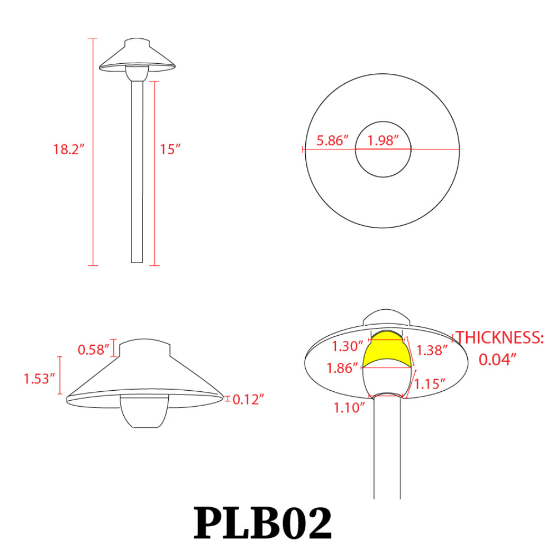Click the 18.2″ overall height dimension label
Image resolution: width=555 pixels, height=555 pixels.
point(68,149)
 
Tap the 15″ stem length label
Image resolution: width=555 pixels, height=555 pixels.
point(171,149)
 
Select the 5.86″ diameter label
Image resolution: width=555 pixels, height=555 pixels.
point(332,140)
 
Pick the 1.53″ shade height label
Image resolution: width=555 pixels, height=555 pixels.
point(39,379)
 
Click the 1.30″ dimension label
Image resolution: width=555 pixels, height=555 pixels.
point(347,347)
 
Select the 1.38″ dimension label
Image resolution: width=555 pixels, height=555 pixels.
point(431,350)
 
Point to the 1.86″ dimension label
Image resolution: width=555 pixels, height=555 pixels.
point(342,367)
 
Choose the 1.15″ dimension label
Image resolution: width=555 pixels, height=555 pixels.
point(431,384)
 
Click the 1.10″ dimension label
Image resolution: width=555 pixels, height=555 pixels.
point(349,408)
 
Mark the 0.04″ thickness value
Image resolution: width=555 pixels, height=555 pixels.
point(498,359)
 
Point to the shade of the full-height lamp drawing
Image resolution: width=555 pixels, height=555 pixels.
point(138,58)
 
